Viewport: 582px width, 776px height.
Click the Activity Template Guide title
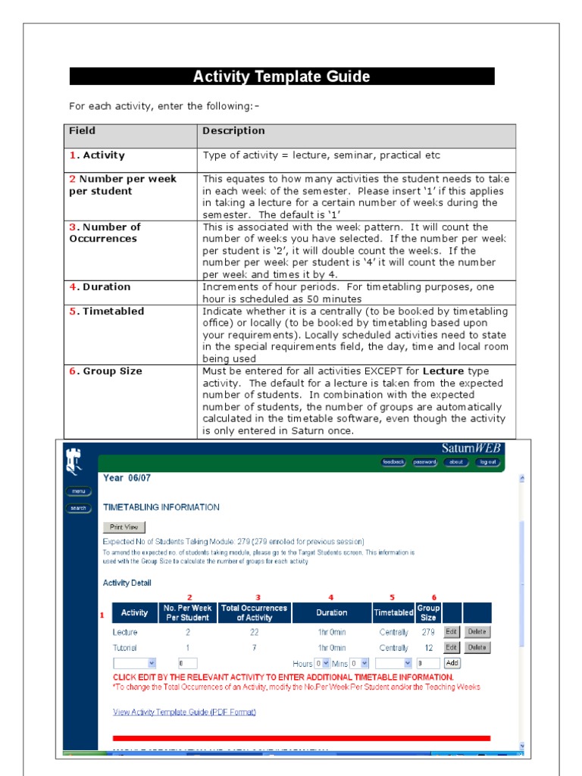281,77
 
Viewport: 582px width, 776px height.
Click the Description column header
233,131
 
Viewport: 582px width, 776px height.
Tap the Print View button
124,527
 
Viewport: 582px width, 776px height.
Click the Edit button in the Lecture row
451,631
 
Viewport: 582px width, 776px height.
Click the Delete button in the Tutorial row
477,647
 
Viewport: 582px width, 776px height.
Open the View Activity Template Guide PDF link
184,712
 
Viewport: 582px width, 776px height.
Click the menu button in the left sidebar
79,491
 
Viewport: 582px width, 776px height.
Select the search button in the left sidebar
79,508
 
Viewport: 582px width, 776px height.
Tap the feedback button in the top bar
393,462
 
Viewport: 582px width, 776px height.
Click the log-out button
487,462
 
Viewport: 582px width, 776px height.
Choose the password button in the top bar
424,462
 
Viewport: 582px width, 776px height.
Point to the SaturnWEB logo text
471,448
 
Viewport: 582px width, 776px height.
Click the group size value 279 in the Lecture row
428,632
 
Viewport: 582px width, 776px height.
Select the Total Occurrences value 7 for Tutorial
257,648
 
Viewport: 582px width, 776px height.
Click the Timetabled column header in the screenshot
393,612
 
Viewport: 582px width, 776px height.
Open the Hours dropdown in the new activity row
321,663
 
